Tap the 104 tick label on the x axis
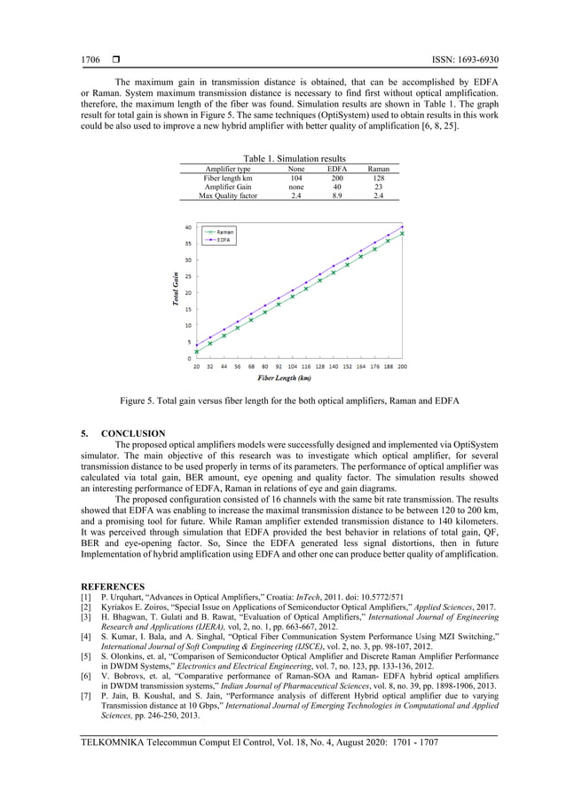pos(292,366)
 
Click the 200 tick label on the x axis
pos(402,366)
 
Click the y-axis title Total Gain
pos(177,290)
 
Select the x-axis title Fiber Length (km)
pos(284,377)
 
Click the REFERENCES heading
pos(113,586)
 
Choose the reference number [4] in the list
pos(86,637)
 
